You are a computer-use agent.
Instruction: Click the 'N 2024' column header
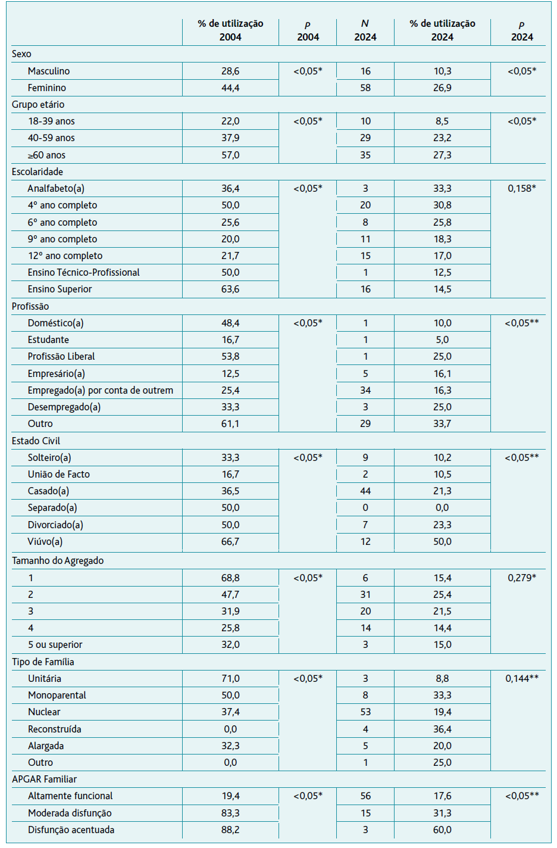click(x=365, y=30)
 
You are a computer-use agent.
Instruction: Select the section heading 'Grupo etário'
click(x=38, y=104)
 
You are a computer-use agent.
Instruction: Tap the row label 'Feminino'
click(x=46, y=88)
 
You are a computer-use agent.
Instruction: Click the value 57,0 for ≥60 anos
click(x=230, y=155)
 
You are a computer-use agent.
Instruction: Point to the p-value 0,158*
click(x=522, y=189)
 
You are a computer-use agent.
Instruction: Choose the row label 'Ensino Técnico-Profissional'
click(x=84, y=273)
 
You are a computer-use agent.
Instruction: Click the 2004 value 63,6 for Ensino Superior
click(x=230, y=289)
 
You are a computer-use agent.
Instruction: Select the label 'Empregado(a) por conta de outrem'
click(x=101, y=390)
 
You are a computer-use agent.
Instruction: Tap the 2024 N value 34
click(x=365, y=390)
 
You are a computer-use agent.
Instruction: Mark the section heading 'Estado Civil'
click(x=36, y=441)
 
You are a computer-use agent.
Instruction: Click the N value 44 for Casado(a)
click(x=365, y=491)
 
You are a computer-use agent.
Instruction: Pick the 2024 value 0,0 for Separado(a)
click(x=442, y=507)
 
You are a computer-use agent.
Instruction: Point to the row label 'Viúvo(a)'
click(x=45, y=542)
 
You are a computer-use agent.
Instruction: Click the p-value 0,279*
click(x=522, y=578)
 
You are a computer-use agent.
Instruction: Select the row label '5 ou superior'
click(x=55, y=645)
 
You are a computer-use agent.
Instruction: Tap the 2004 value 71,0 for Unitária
click(x=230, y=679)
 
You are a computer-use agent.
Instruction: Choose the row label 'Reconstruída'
click(x=55, y=729)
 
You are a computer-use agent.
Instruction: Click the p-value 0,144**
click(x=522, y=679)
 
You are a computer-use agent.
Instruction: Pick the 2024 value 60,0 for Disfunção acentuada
click(x=442, y=830)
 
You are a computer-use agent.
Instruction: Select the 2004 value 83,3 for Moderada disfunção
click(x=230, y=813)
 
